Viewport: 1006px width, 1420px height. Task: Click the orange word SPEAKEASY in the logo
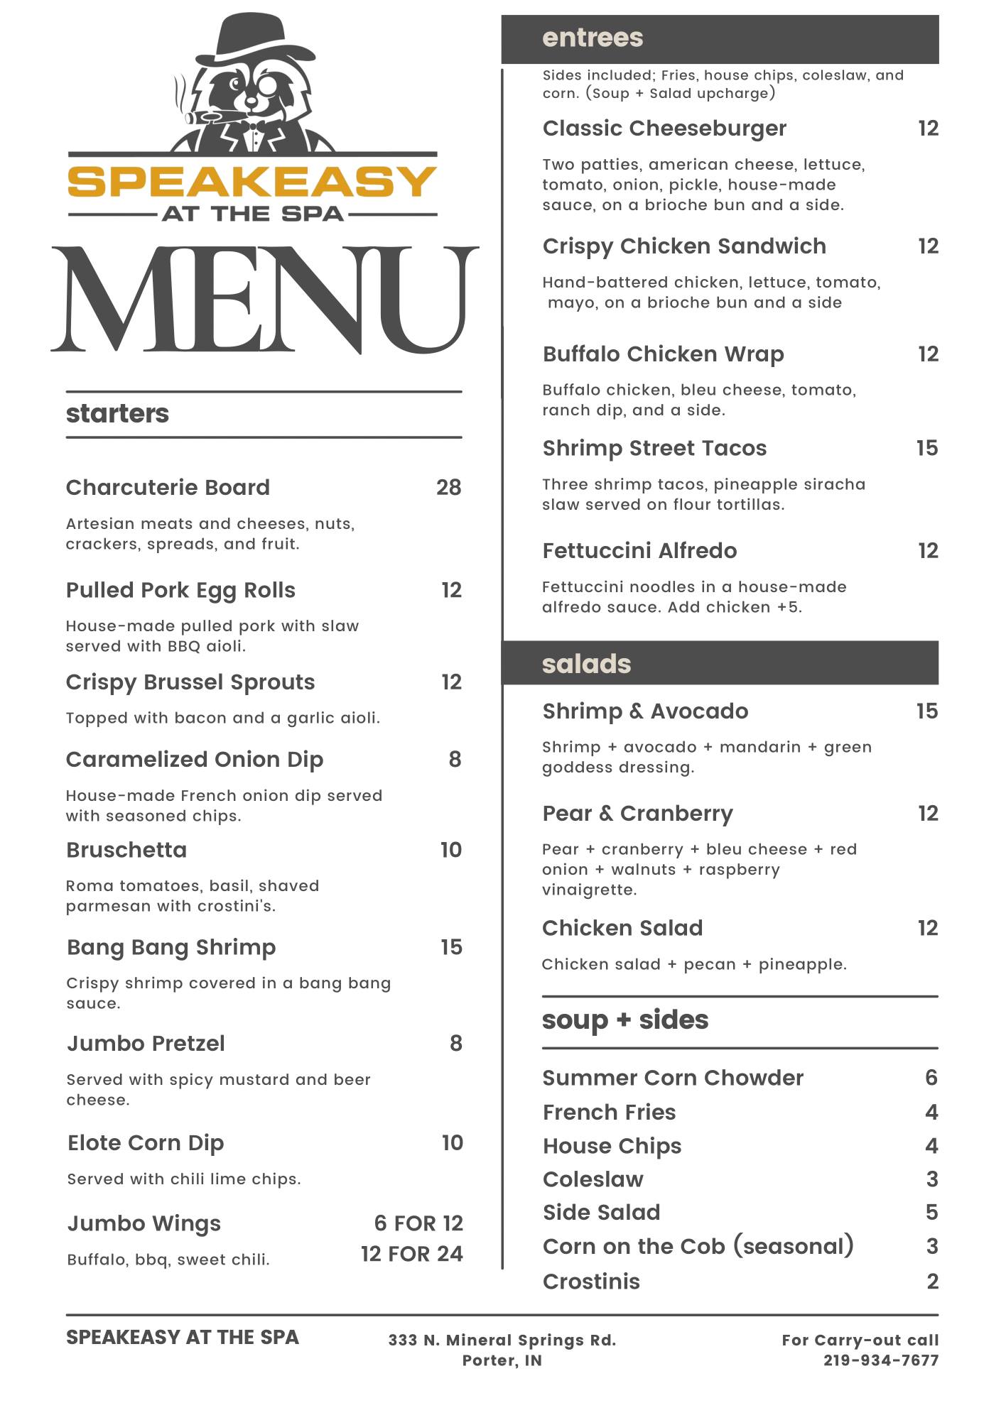(x=251, y=182)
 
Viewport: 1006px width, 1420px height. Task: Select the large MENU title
(x=264, y=300)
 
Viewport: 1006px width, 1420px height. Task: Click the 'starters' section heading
(x=117, y=413)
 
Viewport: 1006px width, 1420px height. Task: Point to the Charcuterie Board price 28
(x=448, y=487)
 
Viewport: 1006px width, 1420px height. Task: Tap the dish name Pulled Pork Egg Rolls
(x=180, y=590)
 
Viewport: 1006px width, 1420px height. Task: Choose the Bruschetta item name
(x=126, y=850)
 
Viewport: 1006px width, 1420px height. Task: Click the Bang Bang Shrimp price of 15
(x=451, y=947)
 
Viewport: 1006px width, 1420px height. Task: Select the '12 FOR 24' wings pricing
(x=411, y=1254)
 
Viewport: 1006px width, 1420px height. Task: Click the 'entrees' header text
(x=593, y=38)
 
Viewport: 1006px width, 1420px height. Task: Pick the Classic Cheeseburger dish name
(x=664, y=129)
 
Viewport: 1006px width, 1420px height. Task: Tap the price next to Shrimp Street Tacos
(x=927, y=448)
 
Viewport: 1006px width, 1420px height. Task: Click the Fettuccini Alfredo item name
(x=639, y=550)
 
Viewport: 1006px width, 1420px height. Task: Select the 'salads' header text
(x=586, y=664)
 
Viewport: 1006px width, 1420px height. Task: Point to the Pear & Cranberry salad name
(x=637, y=813)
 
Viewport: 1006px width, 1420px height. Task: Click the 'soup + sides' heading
(x=625, y=1020)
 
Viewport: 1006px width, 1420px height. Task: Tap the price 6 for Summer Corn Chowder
(x=931, y=1078)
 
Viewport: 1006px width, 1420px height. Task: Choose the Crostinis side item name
(x=591, y=1282)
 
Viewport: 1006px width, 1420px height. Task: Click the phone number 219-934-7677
(x=881, y=1360)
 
